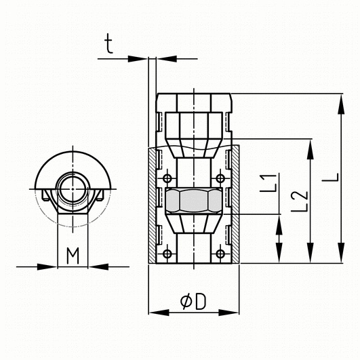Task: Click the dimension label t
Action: [x=109, y=43]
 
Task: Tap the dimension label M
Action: [x=73, y=256]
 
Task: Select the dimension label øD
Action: [x=193, y=302]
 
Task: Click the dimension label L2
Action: [x=299, y=201]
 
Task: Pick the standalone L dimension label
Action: [x=330, y=177]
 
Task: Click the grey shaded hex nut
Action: [x=194, y=201]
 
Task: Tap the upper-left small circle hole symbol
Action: [x=167, y=178]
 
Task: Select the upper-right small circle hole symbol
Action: [x=220, y=178]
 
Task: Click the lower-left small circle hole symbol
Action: [x=167, y=254]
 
